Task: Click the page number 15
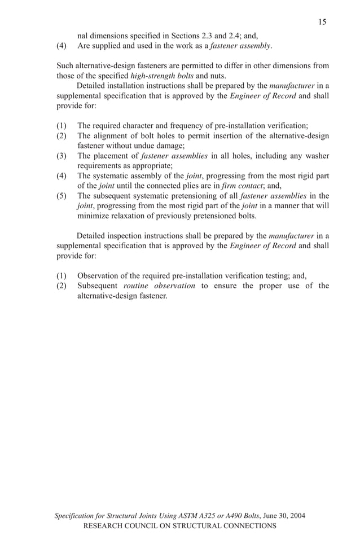tap(322, 22)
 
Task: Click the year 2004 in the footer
tap(297, 516)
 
